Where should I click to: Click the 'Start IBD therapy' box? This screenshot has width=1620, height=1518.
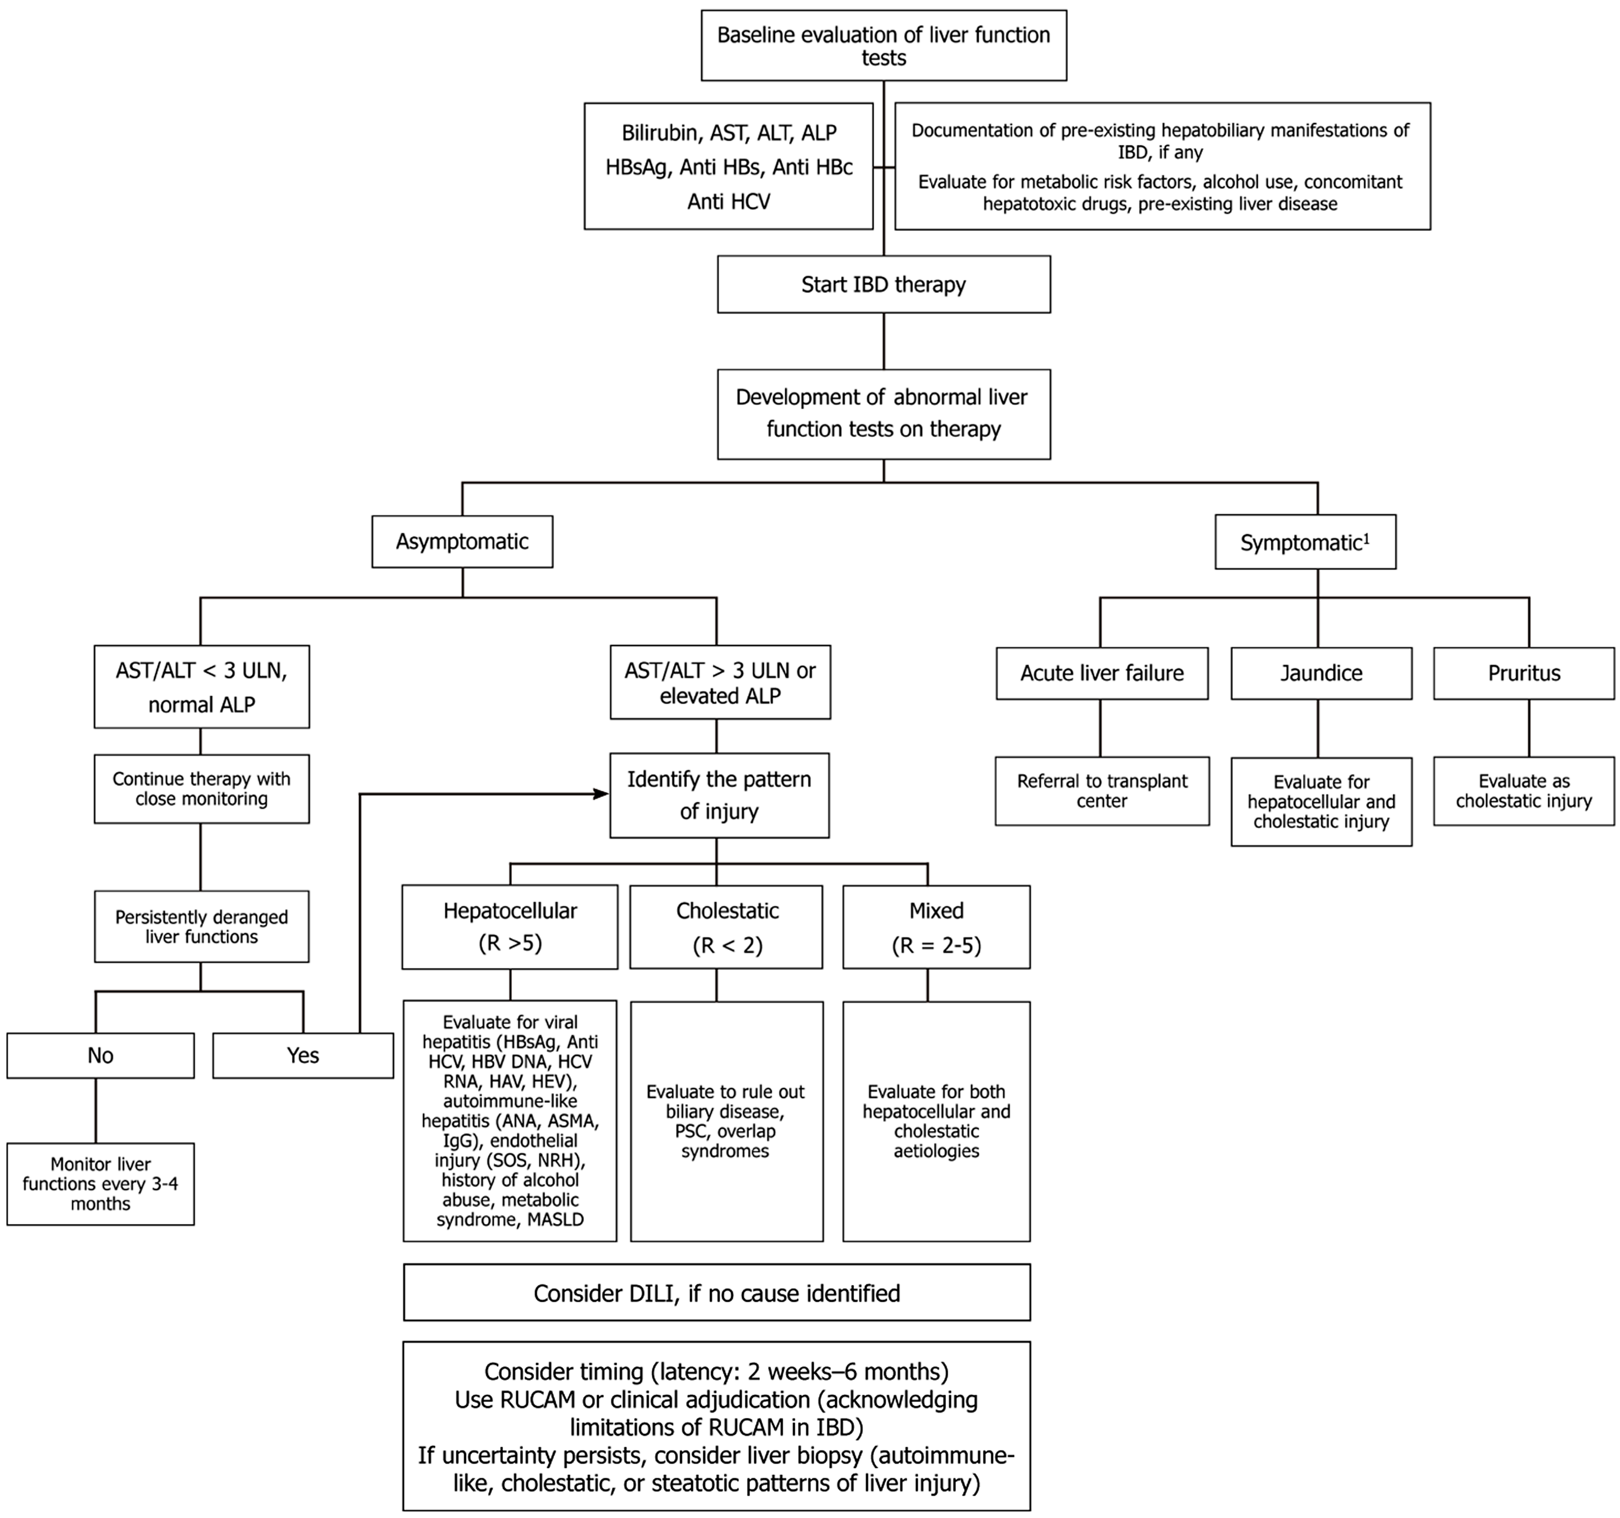(x=883, y=284)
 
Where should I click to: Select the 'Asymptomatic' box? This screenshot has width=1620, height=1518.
(x=462, y=542)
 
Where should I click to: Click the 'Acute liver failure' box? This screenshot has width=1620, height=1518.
(x=1102, y=673)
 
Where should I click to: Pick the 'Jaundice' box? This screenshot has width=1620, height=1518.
(x=1321, y=673)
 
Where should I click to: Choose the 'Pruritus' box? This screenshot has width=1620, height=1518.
(x=1524, y=673)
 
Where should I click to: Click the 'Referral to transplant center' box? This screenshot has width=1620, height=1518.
(x=1102, y=791)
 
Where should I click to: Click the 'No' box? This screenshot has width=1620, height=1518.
(x=100, y=1056)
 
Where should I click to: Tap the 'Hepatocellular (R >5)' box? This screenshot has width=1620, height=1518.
(x=510, y=927)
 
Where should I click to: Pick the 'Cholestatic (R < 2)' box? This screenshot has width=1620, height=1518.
(x=726, y=927)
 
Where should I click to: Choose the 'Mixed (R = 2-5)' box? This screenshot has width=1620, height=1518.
(x=936, y=927)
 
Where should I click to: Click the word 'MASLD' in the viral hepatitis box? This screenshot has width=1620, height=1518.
(x=556, y=1220)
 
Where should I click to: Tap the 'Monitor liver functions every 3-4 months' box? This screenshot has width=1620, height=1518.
(x=100, y=1184)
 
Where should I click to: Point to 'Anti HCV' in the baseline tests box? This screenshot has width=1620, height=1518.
(x=729, y=201)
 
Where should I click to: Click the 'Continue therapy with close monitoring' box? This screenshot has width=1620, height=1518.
(x=201, y=788)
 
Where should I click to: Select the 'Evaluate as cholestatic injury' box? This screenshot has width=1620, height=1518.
(x=1524, y=791)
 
